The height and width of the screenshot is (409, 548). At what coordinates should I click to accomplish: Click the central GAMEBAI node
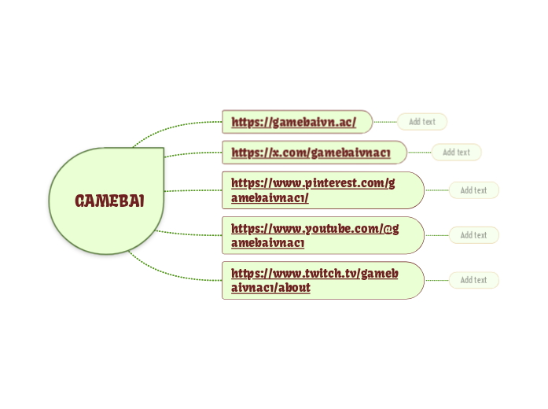coord(108,201)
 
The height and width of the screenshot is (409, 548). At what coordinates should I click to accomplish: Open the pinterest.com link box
coord(322,190)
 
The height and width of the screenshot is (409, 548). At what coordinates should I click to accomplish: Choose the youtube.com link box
coord(322,235)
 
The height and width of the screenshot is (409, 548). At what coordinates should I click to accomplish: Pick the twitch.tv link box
coord(322,280)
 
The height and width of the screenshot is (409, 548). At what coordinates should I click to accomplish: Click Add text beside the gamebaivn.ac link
coord(422,122)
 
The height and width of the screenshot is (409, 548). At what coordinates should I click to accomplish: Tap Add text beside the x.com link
coord(456,153)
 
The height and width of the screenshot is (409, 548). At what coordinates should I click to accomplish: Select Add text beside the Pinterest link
coord(473,190)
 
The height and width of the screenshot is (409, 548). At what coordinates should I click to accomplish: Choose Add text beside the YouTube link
coord(473,235)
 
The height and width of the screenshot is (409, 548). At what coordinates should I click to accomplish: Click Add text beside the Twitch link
coord(473,280)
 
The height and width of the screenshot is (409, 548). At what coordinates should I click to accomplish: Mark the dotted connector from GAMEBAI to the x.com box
coord(193,154)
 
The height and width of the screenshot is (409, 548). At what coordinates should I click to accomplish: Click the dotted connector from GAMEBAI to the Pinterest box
coord(193,190)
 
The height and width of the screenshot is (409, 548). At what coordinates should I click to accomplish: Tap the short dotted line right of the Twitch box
coord(436,280)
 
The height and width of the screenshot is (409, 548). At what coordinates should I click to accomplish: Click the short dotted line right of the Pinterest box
coord(436,190)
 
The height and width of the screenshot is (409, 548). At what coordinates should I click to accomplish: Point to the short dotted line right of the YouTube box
coord(436,235)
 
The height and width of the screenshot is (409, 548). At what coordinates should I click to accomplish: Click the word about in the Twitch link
coord(296,288)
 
